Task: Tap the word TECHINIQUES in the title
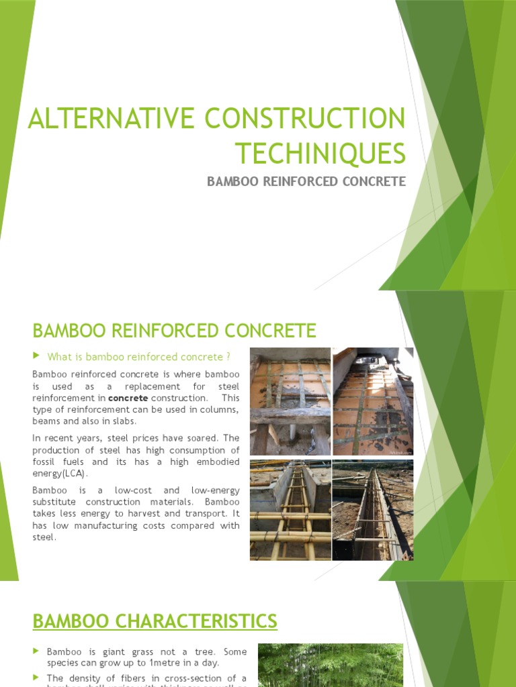[320, 153]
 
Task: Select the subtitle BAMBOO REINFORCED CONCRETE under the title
[306, 182]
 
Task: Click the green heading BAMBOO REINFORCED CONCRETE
[174, 331]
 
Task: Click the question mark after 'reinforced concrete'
[229, 356]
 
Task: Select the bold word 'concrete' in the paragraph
[128, 399]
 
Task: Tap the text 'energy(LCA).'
[60, 474]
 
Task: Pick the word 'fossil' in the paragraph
[45, 462]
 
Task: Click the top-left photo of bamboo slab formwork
[290, 401]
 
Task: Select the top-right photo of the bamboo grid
[373, 401]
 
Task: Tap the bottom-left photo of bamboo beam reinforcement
[290, 510]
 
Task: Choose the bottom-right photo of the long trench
[373, 510]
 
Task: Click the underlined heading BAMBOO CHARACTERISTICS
[155, 621]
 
